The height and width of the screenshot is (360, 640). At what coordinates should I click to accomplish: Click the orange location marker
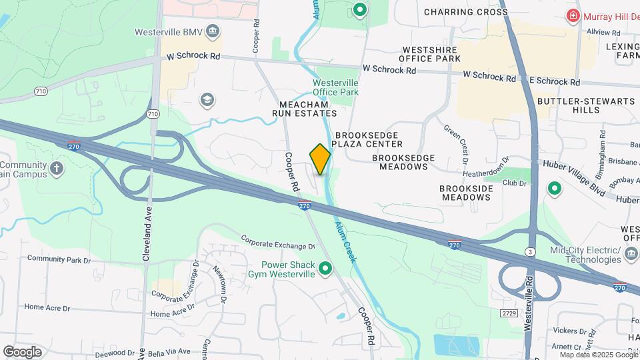320,159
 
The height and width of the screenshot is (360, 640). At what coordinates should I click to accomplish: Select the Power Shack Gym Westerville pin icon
325,269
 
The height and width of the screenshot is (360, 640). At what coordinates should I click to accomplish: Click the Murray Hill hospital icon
572,15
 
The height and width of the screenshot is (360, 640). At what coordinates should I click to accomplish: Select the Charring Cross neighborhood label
465,12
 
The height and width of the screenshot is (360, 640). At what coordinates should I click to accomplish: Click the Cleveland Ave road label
147,221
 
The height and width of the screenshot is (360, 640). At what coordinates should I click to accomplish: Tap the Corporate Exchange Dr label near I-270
277,241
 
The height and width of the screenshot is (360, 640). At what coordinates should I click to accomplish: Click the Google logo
22,352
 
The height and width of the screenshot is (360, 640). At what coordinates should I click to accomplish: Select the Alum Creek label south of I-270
346,237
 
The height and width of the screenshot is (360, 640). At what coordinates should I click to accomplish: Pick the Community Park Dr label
59,258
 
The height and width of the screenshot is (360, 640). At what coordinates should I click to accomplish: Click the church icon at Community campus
57,167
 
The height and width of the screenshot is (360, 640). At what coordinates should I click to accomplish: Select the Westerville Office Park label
335,87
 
